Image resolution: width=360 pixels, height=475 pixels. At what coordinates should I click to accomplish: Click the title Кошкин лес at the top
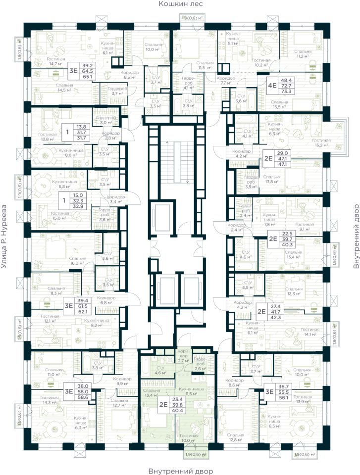coord(180,4)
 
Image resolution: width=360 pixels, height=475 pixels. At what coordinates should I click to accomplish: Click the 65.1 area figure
coord(90,77)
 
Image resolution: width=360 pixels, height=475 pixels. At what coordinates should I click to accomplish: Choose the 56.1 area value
coord(284,397)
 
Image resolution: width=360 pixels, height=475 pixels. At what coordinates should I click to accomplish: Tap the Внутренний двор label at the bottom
coord(180,471)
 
